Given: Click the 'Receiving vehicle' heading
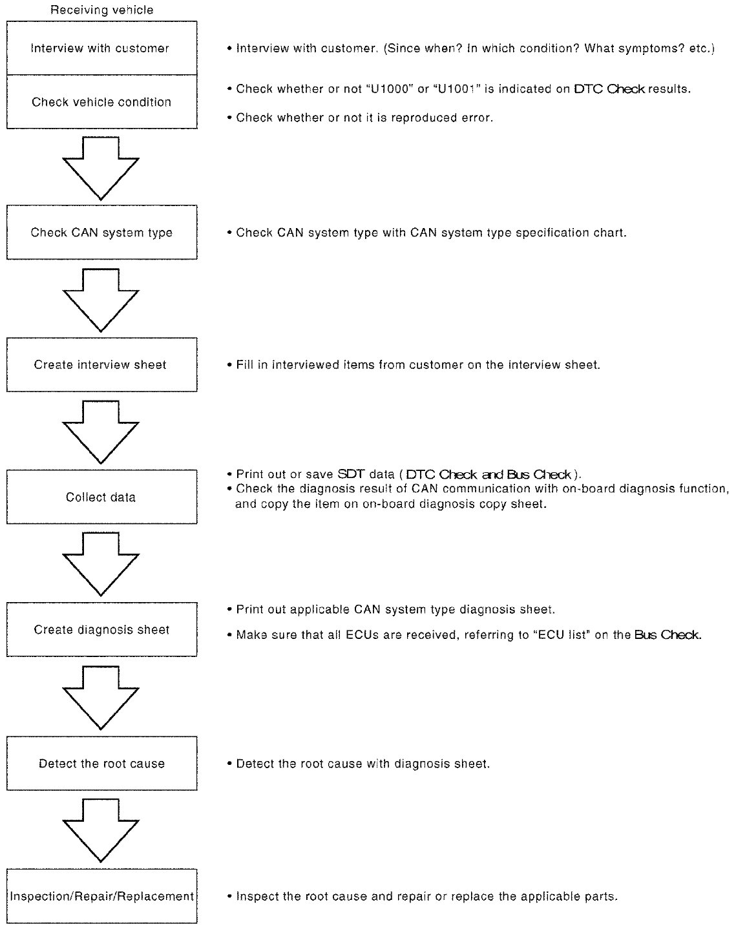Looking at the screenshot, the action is [x=101, y=10].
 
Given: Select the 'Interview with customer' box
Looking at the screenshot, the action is [x=101, y=48].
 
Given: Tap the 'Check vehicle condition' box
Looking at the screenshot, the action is [x=101, y=102].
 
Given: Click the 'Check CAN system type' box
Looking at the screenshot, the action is [x=101, y=233].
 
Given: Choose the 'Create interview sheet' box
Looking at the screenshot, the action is [x=101, y=365].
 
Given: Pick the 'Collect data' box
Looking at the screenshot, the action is [x=101, y=497].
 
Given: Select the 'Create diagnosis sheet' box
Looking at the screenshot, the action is [x=101, y=630].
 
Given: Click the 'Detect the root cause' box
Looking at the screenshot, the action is [x=101, y=764].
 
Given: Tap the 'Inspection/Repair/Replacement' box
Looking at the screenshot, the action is [x=101, y=896].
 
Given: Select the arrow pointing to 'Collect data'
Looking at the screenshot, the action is [x=101, y=432].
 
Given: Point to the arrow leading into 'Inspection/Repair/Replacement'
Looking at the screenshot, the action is [x=101, y=830].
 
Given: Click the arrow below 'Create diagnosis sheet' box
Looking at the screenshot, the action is [x=101, y=697].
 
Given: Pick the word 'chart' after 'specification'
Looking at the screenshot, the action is [x=611, y=233].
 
